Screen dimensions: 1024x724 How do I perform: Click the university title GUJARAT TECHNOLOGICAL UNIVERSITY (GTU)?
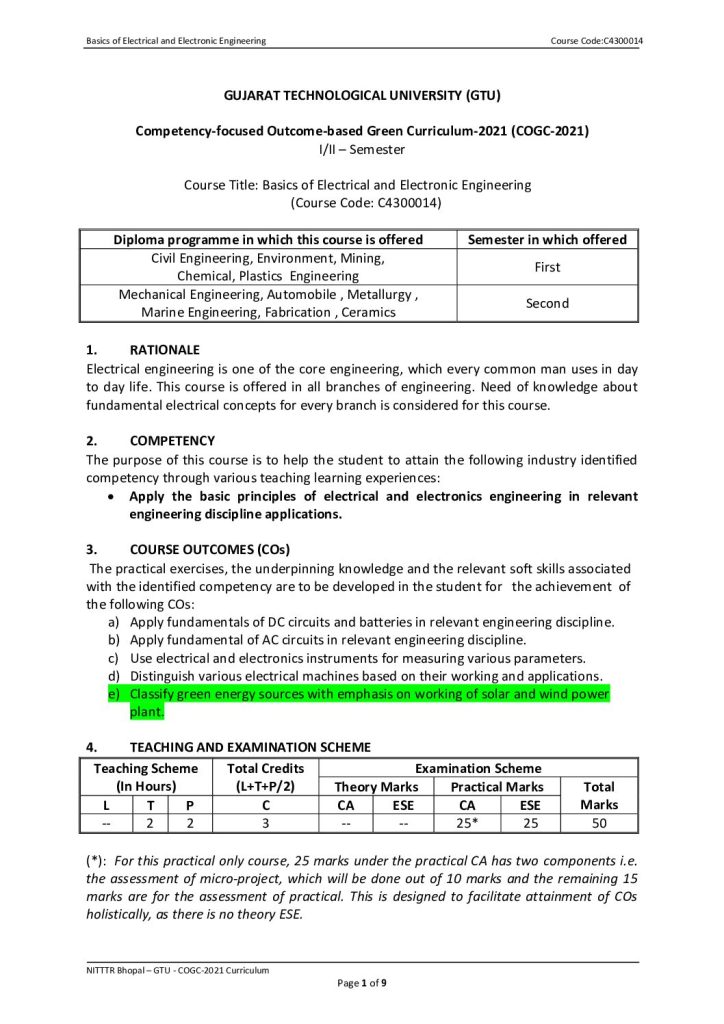[x=361, y=96]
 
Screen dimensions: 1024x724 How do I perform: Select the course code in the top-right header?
[x=596, y=40]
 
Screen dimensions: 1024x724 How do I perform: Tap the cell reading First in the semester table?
[x=547, y=267]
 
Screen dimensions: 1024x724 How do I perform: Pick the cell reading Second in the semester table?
[x=547, y=303]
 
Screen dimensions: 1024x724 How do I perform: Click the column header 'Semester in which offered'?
[x=547, y=240]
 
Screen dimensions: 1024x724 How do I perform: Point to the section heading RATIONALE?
[x=165, y=350]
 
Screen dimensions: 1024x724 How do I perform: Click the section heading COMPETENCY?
[x=172, y=441]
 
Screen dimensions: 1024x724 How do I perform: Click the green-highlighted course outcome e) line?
[x=369, y=694]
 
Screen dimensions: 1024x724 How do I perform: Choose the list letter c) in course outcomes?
[x=113, y=658]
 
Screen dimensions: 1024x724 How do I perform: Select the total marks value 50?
[x=598, y=823]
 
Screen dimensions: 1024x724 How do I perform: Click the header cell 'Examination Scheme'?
[x=478, y=768]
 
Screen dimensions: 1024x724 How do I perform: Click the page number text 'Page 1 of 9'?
[x=361, y=984]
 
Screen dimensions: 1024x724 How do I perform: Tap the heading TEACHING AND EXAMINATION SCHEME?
[x=250, y=747]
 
